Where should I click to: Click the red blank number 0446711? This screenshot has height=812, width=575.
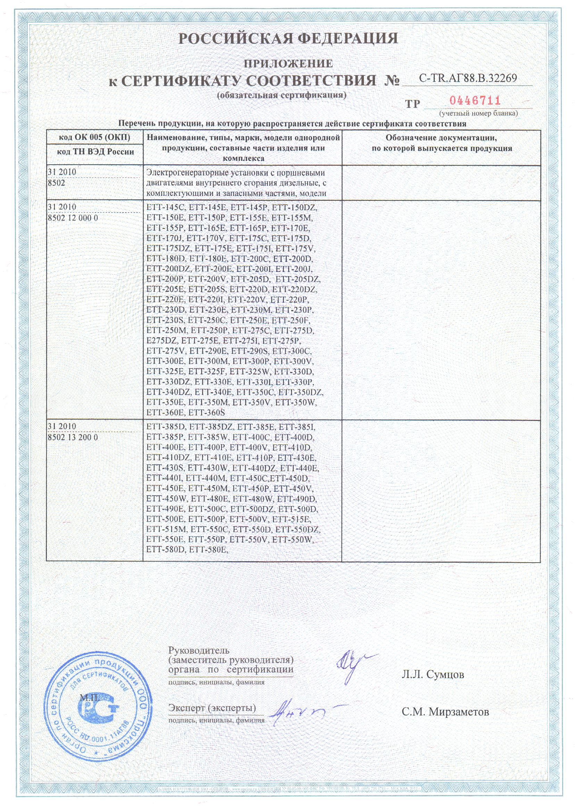click(x=475, y=101)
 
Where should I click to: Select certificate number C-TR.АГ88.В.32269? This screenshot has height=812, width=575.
click(x=468, y=78)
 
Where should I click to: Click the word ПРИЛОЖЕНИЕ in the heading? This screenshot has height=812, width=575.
click(x=288, y=64)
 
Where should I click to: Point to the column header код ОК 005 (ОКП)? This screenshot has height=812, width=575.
click(x=94, y=137)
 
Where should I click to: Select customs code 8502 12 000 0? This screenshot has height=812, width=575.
click(x=73, y=218)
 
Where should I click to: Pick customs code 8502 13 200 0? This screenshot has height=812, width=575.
click(x=73, y=437)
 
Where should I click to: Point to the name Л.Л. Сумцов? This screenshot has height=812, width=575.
click(x=433, y=674)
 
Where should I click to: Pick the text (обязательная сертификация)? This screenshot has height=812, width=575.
click(x=282, y=95)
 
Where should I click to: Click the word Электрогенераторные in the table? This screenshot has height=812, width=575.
click(x=186, y=173)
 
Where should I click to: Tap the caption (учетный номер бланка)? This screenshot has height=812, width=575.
click(x=478, y=114)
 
